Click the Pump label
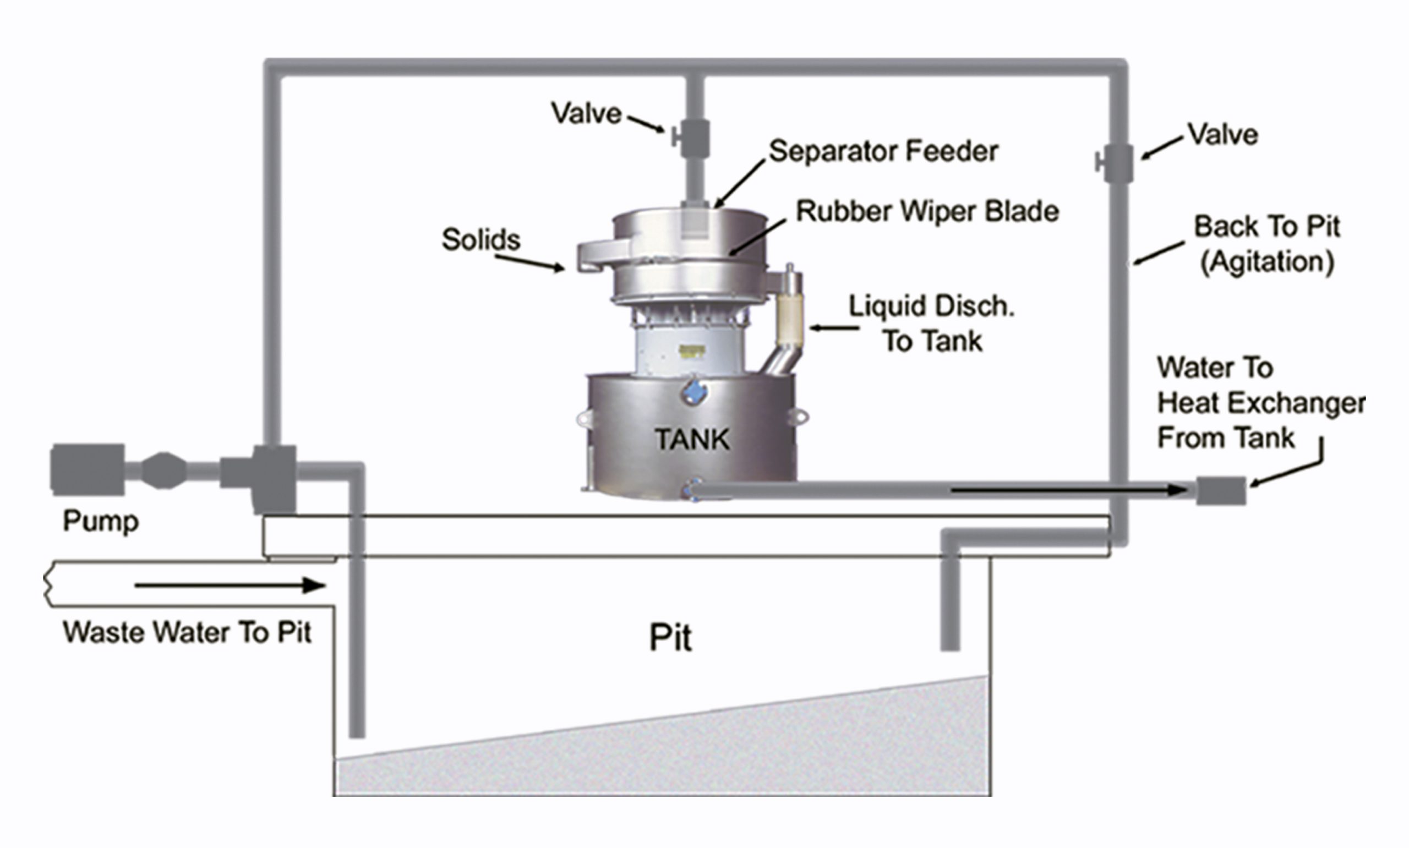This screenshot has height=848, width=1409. tap(101, 521)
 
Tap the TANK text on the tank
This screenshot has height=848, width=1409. tap(692, 440)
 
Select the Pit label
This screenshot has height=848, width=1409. tap(671, 638)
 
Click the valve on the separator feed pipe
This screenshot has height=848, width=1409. tap(693, 137)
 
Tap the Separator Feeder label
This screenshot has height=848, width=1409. tap(883, 151)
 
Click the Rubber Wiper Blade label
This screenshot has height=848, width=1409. tap(927, 211)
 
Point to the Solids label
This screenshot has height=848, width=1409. tap(481, 239)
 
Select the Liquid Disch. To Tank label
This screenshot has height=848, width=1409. tap(931, 324)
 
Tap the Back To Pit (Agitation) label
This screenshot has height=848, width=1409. tap(1267, 244)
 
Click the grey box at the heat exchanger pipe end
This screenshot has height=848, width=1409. tap(1220, 490)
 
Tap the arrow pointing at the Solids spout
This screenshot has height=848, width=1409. tap(529, 263)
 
